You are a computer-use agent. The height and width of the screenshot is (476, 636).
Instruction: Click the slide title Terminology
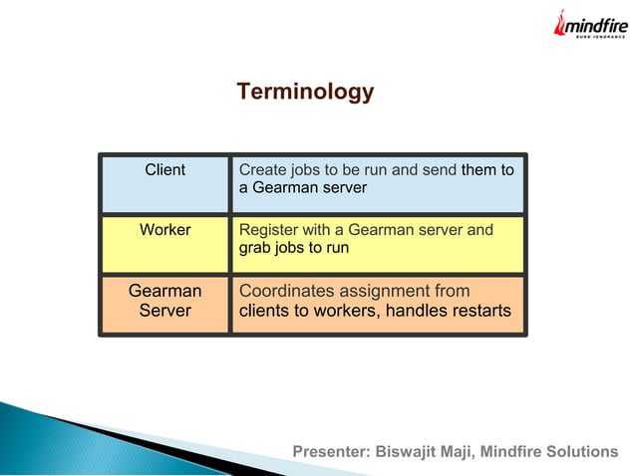[x=305, y=93]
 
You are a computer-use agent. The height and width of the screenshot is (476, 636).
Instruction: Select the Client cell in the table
[x=165, y=170]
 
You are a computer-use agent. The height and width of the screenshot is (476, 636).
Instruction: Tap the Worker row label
[x=165, y=230]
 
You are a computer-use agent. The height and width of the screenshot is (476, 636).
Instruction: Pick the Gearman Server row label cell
[x=165, y=301]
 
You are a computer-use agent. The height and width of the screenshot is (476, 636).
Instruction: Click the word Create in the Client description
[x=261, y=170]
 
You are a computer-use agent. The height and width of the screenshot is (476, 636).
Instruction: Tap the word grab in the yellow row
[x=255, y=248]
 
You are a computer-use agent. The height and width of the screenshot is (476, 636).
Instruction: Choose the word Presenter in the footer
[x=330, y=452]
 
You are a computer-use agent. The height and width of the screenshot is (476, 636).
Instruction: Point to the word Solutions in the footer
[x=583, y=452]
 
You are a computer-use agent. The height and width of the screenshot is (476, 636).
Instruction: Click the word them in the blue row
[x=479, y=170]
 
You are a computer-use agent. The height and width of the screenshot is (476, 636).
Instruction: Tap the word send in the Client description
[x=439, y=170]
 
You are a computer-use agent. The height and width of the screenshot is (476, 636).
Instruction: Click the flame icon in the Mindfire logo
[x=560, y=23]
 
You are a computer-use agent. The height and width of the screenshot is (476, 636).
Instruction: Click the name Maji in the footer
[x=461, y=452]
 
